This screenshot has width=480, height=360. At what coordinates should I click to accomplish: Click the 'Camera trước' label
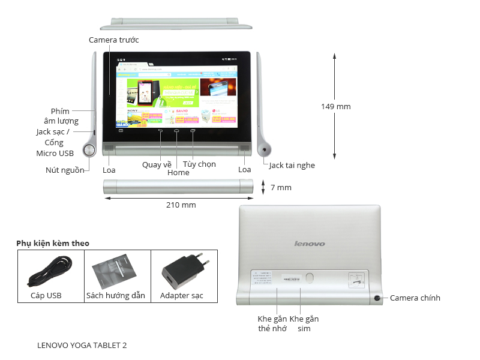tap(113, 40)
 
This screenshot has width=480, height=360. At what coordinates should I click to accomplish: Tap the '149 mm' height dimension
tap(335, 107)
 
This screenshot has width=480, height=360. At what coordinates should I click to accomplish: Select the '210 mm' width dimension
tap(181, 205)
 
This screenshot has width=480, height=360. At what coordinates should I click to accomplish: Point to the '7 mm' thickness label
tap(281, 187)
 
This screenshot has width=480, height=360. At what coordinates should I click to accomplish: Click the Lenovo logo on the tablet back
tap(310, 244)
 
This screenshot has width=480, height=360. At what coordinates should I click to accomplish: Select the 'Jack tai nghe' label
tap(292, 165)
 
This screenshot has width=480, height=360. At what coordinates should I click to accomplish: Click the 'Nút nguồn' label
tap(65, 170)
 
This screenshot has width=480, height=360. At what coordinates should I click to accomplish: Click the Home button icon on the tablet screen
tap(177, 130)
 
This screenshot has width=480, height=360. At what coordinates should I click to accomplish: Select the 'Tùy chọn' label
tap(199, 164)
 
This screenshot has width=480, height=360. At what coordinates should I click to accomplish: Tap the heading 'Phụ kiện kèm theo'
tap(53, 243)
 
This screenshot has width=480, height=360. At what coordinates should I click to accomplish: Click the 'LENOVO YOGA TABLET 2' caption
tap(82, 345)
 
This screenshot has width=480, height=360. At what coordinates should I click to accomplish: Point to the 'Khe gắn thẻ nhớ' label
tap(272, 323)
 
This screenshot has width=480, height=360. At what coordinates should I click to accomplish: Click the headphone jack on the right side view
tap(264, 150)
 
